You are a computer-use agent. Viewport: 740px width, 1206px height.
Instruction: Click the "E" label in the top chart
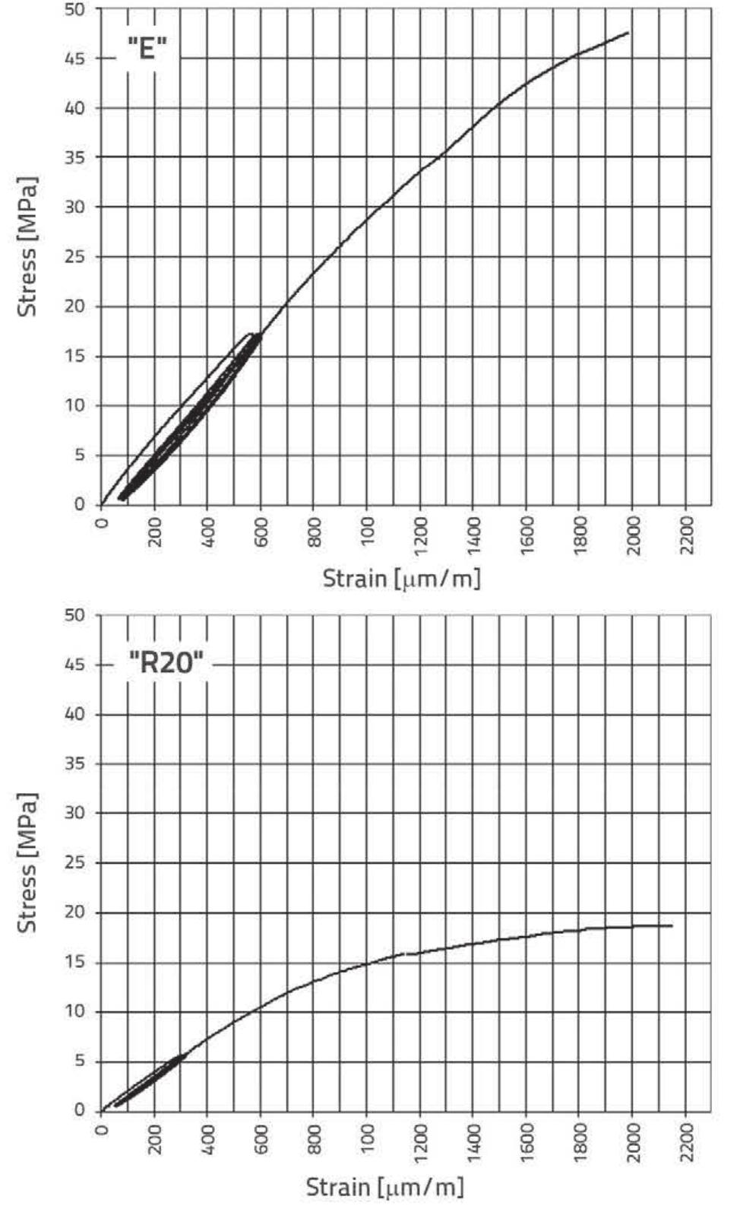(147, 49)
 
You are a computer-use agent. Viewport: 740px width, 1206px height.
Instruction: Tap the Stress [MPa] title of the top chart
(28, 249)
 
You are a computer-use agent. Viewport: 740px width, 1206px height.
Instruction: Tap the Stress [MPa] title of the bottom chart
(28, 863)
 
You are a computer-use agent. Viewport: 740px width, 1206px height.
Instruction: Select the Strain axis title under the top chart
(401, 579)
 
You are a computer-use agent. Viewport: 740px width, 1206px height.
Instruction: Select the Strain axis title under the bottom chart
(384, 1185)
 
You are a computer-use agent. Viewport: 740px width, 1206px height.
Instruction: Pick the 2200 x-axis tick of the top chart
(686, 535)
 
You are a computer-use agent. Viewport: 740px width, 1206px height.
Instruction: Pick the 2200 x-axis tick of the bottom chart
(686, 1142)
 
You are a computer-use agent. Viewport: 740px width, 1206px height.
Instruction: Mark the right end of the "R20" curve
(672, 925)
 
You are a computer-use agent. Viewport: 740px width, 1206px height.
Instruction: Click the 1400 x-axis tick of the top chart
(473, 535)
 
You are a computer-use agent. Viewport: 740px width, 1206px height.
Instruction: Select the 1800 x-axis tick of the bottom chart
(580, 1142)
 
